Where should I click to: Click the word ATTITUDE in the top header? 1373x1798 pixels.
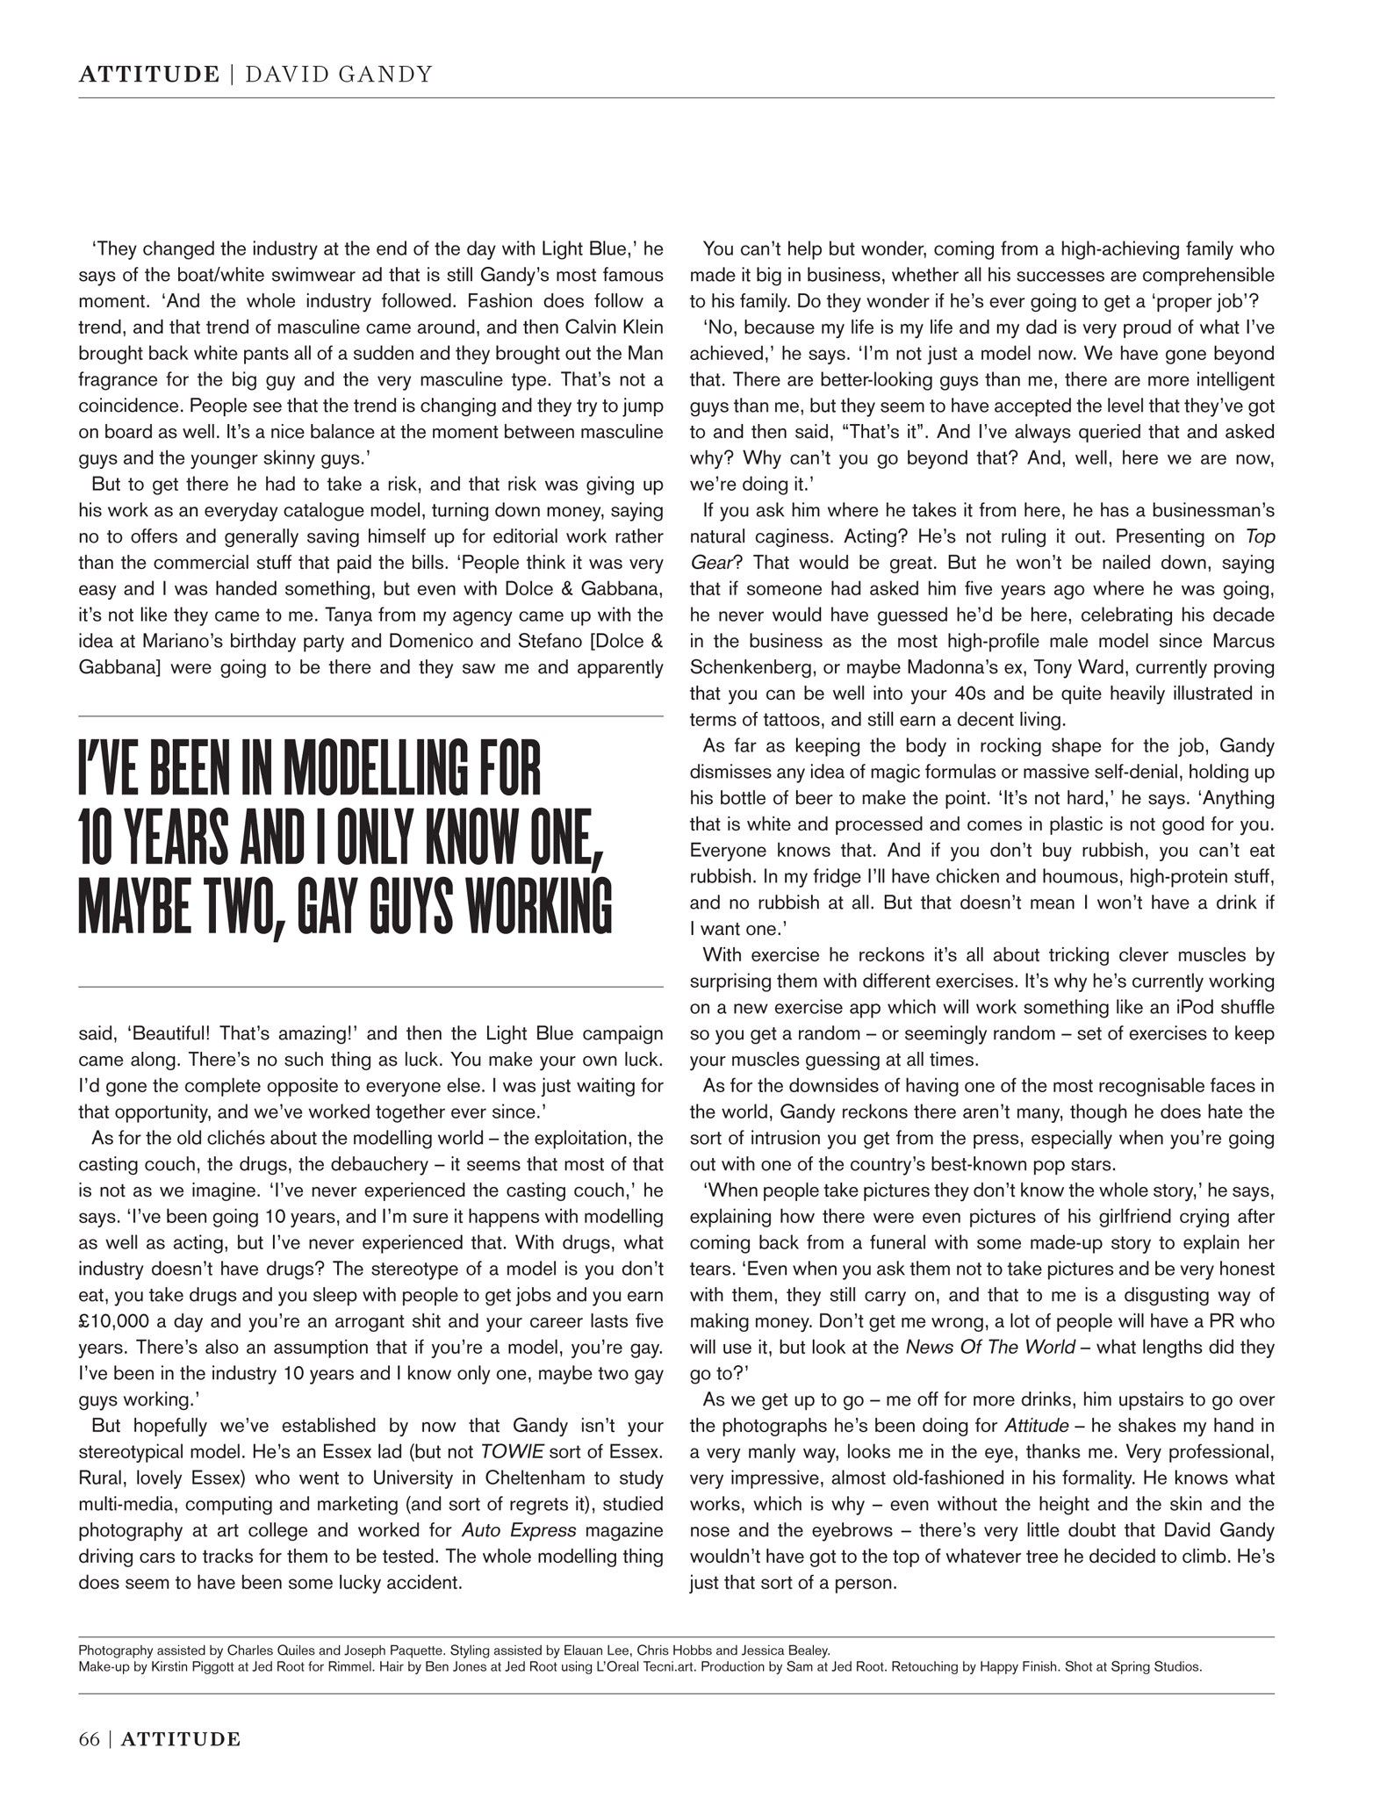(x=148, y=75)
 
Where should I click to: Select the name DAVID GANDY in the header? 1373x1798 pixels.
(x=338, y=75)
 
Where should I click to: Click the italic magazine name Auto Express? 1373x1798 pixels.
(x=520, y=1530)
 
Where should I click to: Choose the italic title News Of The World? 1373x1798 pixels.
(x=990, y=1347)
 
